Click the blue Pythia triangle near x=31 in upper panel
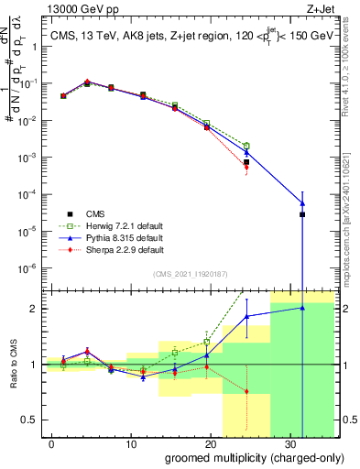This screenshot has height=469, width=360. click(x=302, y=203)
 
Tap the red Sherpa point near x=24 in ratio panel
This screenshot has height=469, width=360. click(x=246, y=392)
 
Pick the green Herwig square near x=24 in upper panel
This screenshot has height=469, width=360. click(x=246, y=146)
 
